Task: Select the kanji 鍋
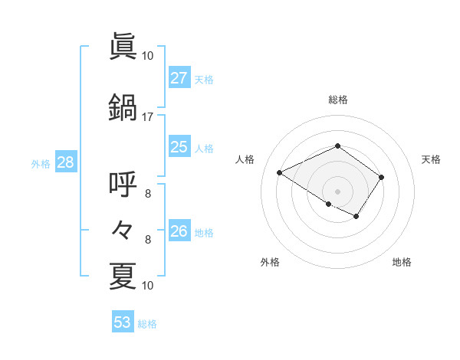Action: click(123, 107)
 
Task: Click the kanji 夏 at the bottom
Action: click(123, 276)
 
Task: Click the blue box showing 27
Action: click(179, 78)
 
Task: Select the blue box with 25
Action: click(179, 147)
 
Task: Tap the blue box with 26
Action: click(179, 231)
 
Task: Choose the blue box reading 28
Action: click(65, 162)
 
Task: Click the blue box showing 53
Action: click(123, 322)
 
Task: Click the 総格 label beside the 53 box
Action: click(147, 324)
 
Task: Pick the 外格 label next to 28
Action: click(41, 163)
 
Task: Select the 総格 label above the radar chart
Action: click(337, 100)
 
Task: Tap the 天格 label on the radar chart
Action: click(431, 159)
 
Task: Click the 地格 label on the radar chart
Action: click(402, 263)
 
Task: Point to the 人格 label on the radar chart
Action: click(245, 159)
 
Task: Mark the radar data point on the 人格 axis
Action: click(280, 172)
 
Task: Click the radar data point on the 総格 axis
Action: click(337, 146)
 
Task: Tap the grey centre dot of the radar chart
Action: click(337, 191)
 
